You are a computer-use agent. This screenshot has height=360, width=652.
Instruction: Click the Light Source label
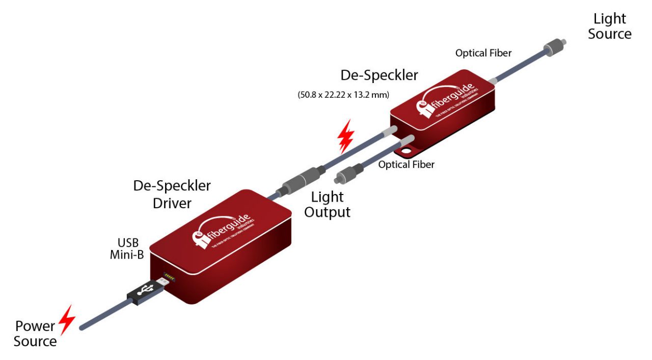tap(609, 26)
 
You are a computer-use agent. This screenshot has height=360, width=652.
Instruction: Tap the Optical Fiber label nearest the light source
tap(483, 53)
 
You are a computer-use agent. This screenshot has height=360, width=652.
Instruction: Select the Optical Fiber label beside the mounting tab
tap(406, 165)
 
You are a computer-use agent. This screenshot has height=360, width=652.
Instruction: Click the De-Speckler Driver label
tap(172, 194)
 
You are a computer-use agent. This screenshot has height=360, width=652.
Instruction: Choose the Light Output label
tap(328, 204)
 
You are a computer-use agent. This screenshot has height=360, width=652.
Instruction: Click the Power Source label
tap(35, 334)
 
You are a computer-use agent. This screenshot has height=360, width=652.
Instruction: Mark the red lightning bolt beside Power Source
tap(67, 319)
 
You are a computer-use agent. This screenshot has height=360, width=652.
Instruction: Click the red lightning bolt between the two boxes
tap(346, 136)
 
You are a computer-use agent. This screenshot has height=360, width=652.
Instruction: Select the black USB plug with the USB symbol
tap(145, 293)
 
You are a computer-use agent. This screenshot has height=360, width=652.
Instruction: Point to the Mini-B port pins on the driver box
tap(166, 280)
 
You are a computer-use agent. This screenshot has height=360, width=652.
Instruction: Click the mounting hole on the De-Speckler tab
tap(406, 151)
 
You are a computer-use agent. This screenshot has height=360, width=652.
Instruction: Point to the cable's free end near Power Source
tap(83, 327)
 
